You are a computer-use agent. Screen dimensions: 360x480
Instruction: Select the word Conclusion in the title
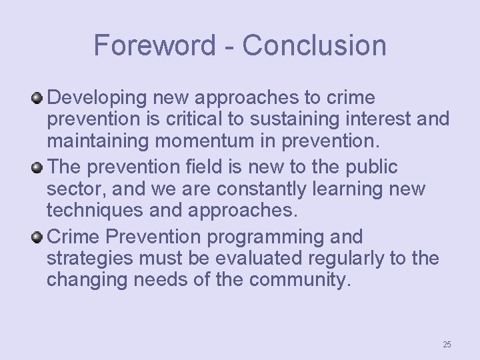point(314,45)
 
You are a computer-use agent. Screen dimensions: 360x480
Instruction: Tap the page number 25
point(447,344)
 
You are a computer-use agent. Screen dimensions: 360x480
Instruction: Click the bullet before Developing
point(37,98)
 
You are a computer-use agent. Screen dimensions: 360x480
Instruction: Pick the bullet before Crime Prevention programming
point(37,237)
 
